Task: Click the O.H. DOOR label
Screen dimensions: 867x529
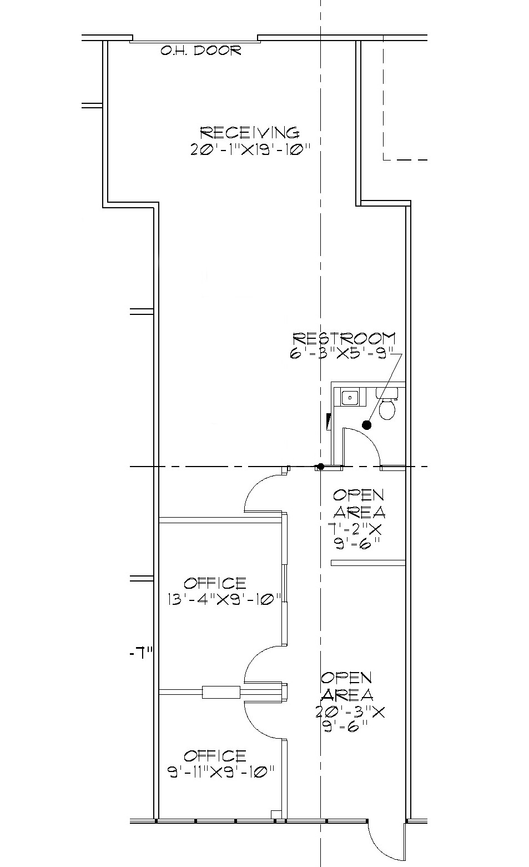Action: [201, 51]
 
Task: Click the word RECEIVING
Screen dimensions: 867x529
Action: [249, 133]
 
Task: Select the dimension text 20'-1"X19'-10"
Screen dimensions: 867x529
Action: [249, 149]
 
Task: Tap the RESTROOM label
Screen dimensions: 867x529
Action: [344, 338]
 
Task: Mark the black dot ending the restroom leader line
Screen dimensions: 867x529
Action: [366, 425]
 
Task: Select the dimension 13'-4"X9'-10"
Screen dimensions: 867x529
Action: [224, 599]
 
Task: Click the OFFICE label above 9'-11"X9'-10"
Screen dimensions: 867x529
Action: [215, 756]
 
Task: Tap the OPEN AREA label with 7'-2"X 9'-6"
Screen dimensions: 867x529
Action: [359, 503]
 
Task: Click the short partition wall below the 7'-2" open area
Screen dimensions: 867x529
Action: [367, 563]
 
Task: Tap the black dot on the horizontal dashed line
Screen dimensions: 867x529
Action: [320, 467]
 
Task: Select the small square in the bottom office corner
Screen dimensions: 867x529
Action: [274, 814]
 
